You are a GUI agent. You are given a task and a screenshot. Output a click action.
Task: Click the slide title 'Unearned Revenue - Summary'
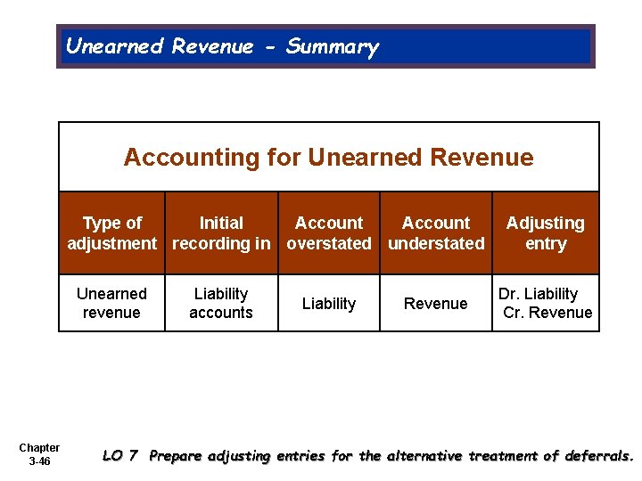tap(222, 46)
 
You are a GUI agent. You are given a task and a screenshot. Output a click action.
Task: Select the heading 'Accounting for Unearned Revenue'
tap(328, 158)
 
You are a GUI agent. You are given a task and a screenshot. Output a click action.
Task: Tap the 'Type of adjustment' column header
tap(112, 233)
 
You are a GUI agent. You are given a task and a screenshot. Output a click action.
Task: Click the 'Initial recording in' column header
tap(221, 233)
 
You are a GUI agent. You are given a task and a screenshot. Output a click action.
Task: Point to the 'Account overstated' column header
tap(329, 233)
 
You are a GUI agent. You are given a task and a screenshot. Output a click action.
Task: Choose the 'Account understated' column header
tap(436, 233)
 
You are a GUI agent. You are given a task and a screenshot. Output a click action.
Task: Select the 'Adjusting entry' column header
tap(546, 233)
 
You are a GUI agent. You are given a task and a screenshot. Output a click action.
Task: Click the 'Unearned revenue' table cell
tap(111, 303)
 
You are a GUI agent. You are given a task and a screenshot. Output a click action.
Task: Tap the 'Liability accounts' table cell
tap(221, 303)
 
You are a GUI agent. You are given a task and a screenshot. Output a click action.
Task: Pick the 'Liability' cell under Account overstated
tap(329, 304)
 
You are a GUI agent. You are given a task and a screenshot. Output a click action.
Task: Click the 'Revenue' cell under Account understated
tap(436, 304)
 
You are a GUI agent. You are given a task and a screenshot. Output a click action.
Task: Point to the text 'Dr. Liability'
tap(539, 294)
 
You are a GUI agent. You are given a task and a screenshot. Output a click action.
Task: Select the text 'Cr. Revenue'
tap(547, 313)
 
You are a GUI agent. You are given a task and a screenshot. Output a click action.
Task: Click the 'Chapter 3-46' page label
tap(39, 454)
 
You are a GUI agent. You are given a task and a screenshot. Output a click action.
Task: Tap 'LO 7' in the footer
tap(120, 456)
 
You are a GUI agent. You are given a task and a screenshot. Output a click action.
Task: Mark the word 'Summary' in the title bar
tap(333, 46)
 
